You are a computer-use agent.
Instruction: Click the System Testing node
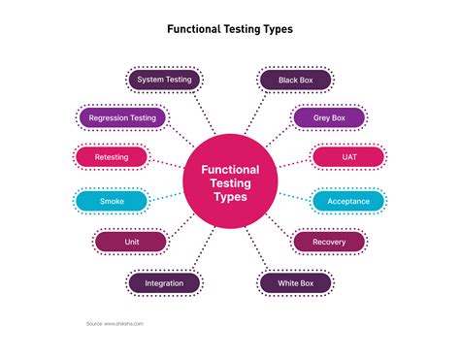click(165, 80)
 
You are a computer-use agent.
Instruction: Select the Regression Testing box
click(122, 118)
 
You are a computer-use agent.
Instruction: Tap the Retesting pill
click(111, 157)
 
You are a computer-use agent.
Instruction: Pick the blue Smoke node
click(111, 201)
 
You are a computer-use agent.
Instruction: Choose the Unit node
click(131, 241)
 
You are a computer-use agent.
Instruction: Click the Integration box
click(164, 283)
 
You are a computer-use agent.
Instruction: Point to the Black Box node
click(295, 80)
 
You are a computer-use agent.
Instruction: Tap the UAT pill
click(347, 157)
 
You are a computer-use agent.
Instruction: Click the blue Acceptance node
click(347, 201)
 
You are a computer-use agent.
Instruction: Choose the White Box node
click(295, 283)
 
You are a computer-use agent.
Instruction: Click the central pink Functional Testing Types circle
click(230, 181)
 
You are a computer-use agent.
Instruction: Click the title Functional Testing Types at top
click(230, 28)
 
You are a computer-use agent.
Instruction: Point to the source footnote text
click(114, 323)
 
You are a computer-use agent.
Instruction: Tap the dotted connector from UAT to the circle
click(293, 163)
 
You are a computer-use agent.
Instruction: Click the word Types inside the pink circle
click(231, 196)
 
